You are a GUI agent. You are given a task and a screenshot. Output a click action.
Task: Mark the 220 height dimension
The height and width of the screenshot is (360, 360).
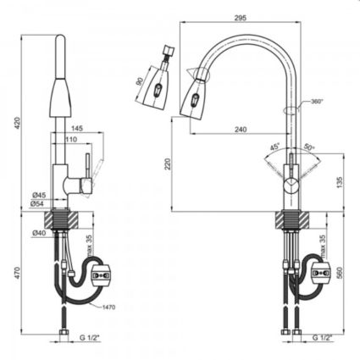169,165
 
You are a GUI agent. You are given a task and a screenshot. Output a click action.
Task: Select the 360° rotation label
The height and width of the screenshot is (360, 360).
315,101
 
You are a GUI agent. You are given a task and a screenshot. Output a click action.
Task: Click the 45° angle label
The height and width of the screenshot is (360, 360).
275,146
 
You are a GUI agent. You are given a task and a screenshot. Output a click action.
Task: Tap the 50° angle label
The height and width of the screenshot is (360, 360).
309,147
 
